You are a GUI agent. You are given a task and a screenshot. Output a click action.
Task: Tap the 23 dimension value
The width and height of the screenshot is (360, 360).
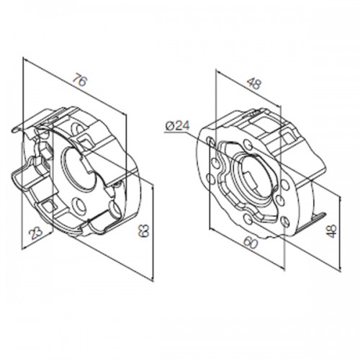[34, 231]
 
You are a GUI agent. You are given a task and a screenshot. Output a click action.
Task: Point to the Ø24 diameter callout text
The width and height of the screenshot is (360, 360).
[176, 126]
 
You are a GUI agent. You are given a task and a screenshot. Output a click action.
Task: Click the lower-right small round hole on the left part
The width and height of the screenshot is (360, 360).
[115, 210]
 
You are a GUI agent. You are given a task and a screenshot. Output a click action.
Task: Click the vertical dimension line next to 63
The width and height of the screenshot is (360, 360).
[153, 230]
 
